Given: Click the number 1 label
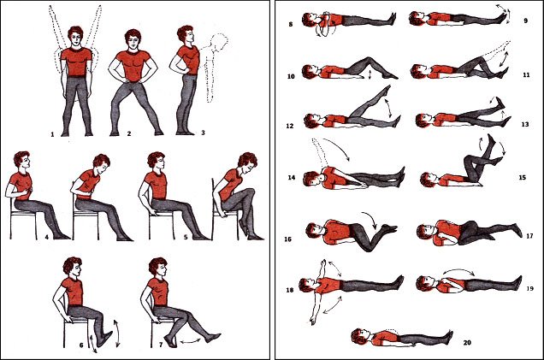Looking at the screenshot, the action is pos(52,134).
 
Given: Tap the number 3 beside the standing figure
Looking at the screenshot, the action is pos(203,133).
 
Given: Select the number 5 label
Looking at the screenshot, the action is pos(186,237).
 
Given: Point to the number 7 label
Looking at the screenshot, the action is pos(161,345).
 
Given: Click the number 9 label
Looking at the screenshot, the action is pos(526,21).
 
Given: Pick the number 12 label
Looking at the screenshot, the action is pos(290,126).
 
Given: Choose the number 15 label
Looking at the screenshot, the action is pos(522,177).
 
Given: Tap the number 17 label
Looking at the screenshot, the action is pos(529,236).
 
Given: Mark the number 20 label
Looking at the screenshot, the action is pos(467,343).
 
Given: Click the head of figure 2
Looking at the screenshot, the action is pos(133,38).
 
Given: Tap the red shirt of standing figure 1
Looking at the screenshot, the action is pos(76,62).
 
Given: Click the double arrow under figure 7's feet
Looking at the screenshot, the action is pos(191,342).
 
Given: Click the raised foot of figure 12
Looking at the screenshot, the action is pos(385,91).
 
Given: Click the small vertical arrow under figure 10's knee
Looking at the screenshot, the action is pos(370,74).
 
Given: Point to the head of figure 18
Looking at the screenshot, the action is pos(307,285).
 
